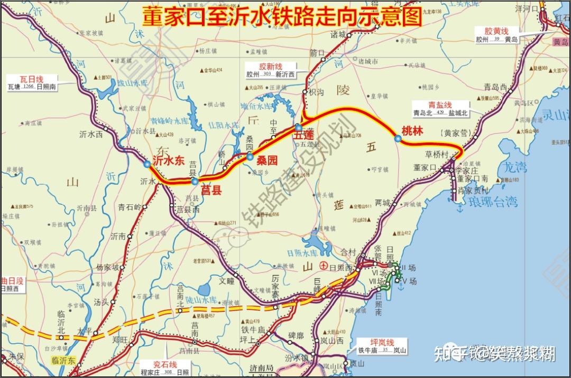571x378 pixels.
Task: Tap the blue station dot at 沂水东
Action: [x=147, y=164]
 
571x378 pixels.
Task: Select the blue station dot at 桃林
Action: [x=397, y=138]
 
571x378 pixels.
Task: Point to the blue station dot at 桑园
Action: [x=250, y=156]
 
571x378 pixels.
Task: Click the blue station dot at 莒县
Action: [x=195, y=182]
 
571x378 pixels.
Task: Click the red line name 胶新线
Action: [x=270, y=67]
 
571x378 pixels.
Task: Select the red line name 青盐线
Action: [x=440, y=105]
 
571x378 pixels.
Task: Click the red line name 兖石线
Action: [x=164, y=365]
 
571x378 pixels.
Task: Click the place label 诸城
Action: [x=338, y=35]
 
